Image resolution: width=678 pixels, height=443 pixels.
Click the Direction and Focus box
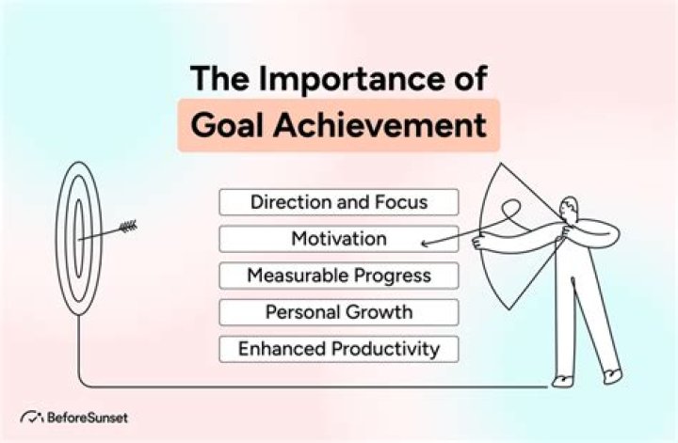pos(339,202)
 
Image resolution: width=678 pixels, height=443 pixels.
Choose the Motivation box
pos(339,239)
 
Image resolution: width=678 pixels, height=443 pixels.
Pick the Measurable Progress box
pos(339,276)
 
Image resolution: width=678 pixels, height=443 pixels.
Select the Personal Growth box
pos(339,312)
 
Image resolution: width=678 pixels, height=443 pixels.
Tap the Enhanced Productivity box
pos(339,349)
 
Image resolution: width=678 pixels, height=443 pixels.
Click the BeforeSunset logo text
pos(87,417)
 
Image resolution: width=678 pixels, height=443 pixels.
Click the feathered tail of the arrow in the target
pos(127,226)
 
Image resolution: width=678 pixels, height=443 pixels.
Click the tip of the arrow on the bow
pos(424,246)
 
